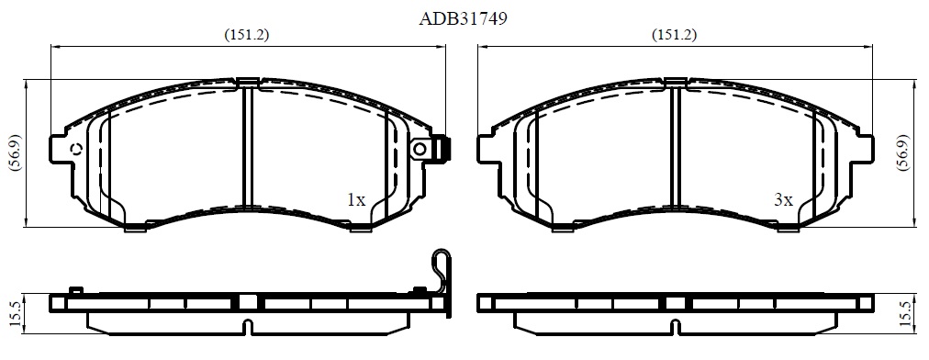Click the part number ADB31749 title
[x=463, y=19]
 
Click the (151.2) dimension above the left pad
[x=246, y=35]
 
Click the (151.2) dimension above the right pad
[x=674, y=35]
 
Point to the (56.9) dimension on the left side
[x=16, y=152]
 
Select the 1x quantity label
[x=356, y=200]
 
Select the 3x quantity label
[x=783, y=200]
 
